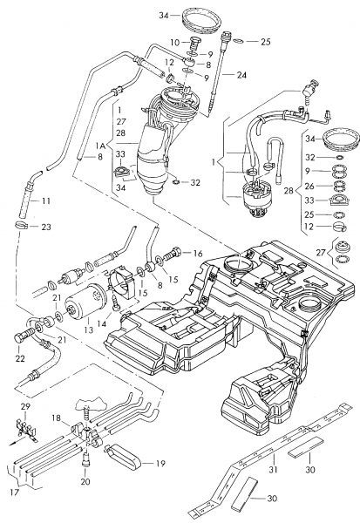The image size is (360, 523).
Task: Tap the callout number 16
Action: (198, 254)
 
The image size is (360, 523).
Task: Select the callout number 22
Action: (20, 358)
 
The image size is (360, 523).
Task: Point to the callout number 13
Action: (89, 330)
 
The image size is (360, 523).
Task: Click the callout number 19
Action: (160, 464)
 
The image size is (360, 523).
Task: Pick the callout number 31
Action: (273, 469)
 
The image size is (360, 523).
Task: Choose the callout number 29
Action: (25, 406)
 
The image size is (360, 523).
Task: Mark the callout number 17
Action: (14, 492)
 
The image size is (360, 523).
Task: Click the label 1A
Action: (100, 146)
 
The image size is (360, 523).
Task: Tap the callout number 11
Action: (45, 201)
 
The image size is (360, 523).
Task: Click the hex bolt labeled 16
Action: (172, 255)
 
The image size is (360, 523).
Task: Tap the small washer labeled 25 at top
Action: (238, 41)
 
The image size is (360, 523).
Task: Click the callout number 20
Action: (85, 481)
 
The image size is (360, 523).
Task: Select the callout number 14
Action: (101, 323)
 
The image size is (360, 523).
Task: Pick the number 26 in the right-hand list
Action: (309, 186)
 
